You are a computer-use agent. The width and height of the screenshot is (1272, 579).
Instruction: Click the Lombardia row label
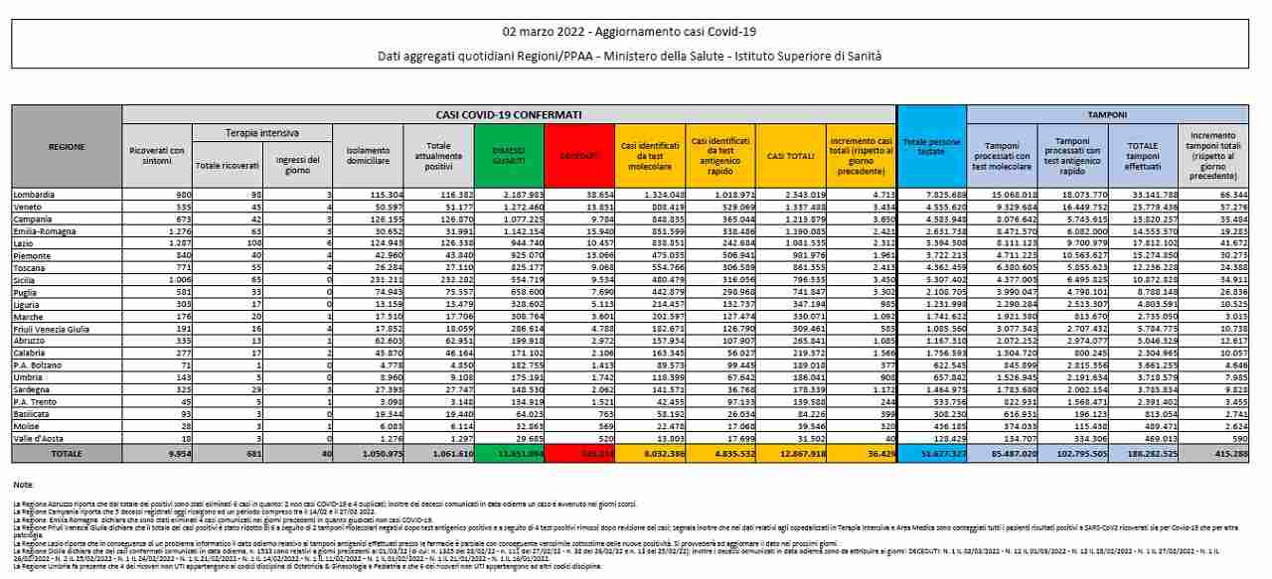[x=35, y=194]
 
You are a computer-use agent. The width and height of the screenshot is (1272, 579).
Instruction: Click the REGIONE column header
[x=66, y=146]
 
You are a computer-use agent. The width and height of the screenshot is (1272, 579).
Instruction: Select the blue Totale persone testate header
[x=931, y=148]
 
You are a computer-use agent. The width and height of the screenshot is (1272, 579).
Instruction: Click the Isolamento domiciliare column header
[x=364, y=155]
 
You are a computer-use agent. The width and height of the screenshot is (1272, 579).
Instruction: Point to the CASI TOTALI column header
[x=791, y=155]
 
